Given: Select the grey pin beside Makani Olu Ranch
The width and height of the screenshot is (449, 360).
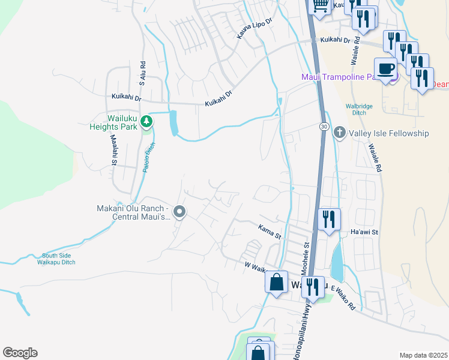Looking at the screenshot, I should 179,212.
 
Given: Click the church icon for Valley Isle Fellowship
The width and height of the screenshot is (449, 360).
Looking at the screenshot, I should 339,133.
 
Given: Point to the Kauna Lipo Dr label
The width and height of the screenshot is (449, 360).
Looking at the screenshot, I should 255,28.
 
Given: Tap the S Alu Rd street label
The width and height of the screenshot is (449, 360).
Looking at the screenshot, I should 143,73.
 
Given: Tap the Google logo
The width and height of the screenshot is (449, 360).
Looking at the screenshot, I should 20,353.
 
